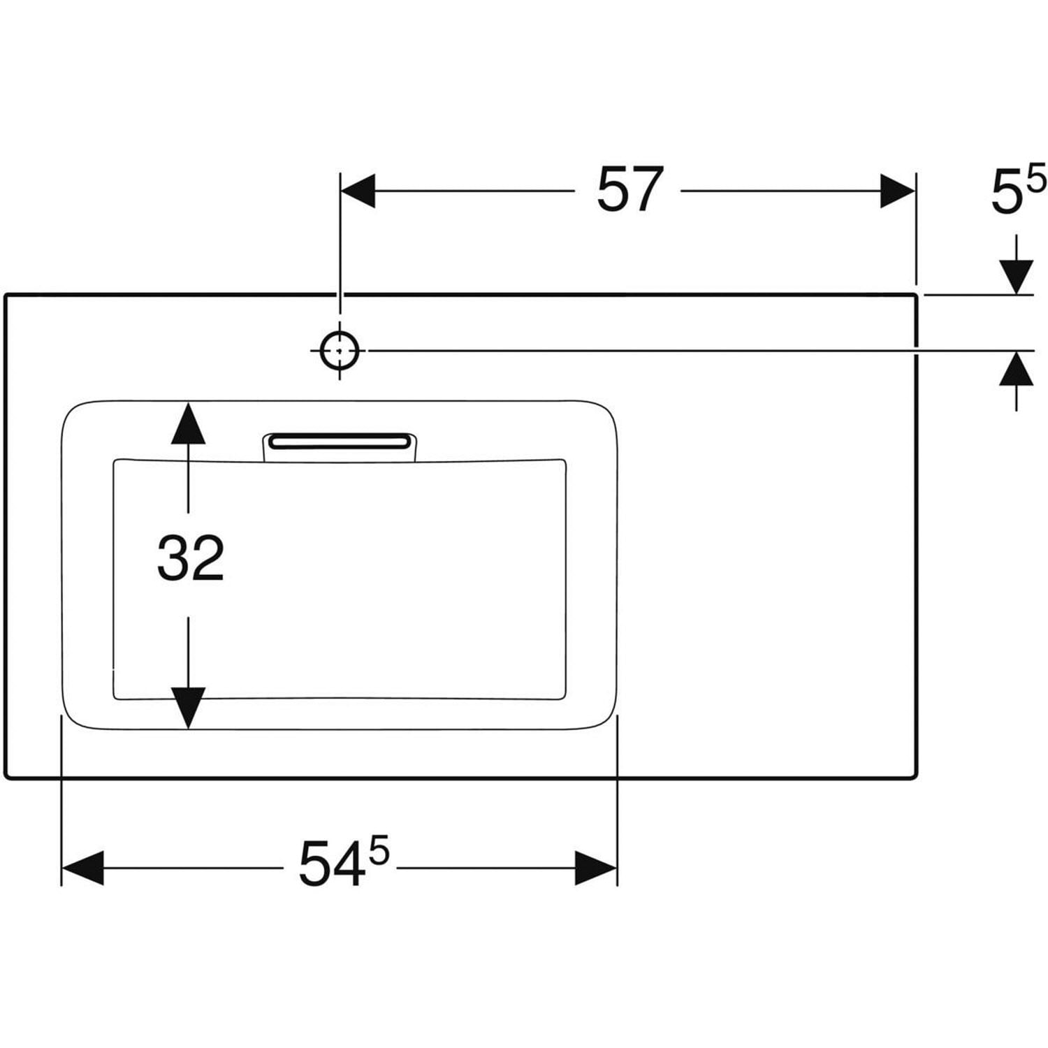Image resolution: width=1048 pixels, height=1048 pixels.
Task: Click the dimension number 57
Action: coord(629,190)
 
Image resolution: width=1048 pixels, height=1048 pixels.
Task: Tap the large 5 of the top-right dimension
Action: coord(1007,195)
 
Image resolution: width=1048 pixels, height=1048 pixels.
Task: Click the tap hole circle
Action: coord(340,351)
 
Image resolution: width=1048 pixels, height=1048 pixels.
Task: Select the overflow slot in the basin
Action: coord(340,441)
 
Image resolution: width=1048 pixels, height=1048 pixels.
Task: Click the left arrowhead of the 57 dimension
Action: coord(357,191)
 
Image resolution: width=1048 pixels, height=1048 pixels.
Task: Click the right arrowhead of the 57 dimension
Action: coord(898,191)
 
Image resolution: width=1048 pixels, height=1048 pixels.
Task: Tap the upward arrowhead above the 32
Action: coord(188,422)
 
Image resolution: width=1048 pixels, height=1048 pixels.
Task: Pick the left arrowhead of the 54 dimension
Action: coord(82,868)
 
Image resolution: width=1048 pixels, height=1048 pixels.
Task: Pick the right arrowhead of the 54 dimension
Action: coord(596,868)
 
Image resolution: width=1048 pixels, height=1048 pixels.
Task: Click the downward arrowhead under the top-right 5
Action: coord(1016,277)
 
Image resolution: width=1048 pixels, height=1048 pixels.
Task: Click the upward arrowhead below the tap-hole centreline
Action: coord(1016,368)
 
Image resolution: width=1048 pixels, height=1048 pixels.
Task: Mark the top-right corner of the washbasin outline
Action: coord(915,296)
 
